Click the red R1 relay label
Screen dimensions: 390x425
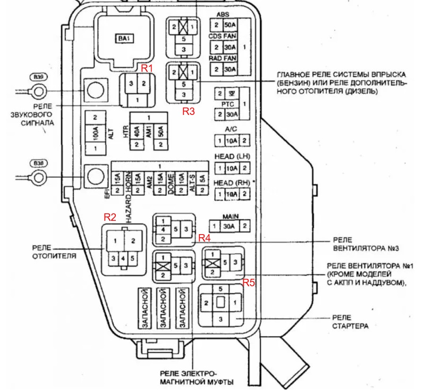pyautogui.click(x=146, y=68)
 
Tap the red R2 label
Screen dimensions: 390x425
pyautogui.click(x=110, y=217)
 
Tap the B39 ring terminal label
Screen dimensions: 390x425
pyautogui.click(x=38, y=77)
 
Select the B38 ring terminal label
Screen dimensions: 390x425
pyautogui.click(x=38, y=163)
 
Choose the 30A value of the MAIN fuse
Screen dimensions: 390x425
pyautogui.click(x=229, y=226)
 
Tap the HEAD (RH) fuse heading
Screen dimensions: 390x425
pyautogui.click(x=232, y=183)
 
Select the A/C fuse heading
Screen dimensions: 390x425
pyautogui.click(x=231, y=129)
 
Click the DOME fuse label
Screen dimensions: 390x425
pyautogui.click(x=172, y=184)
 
